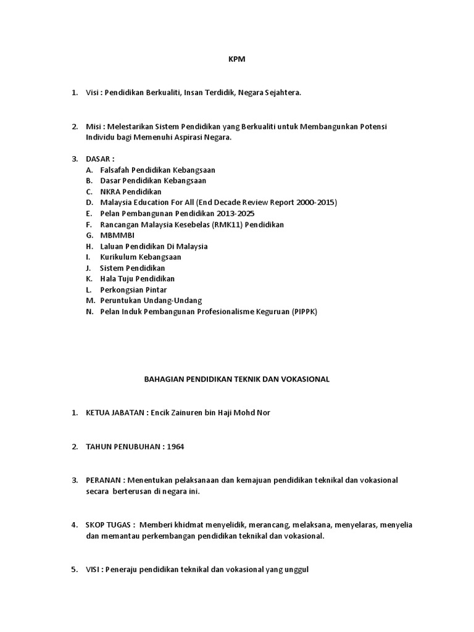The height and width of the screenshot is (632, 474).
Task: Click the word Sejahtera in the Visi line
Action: (x=282, y=93)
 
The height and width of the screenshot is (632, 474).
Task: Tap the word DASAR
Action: (x=99, y=159)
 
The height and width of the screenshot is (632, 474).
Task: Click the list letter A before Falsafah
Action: (x=89, y=170)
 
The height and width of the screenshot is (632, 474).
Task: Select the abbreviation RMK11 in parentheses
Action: (x=229, y=225)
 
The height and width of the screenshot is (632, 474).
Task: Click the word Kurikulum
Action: (x=119, y=257)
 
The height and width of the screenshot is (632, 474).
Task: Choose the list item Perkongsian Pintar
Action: (x=133, y=290)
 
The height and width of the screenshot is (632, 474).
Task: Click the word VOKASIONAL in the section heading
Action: (x=306, y=380)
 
